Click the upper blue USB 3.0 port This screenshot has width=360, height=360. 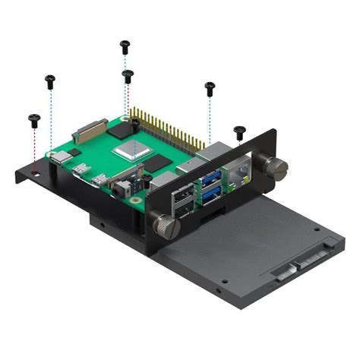211,177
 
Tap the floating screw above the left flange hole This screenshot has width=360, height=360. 33,119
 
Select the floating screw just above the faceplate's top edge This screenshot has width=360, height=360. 239,131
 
